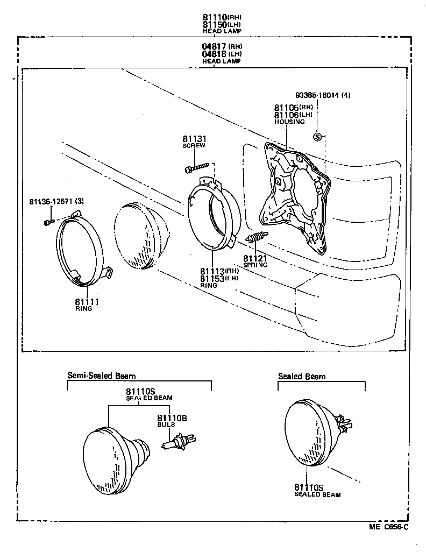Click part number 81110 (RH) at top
(x=215, y=17)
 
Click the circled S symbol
(x=317, y=137)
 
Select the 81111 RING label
(x=84, y=304)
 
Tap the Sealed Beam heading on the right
(x=301, y=376)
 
